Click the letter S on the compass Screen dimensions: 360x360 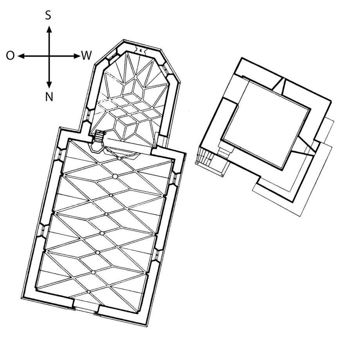pyautogui.click(x=48, y=15)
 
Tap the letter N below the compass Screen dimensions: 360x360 pyautogui.click(x=49, y=97)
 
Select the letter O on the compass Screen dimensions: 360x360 pyautogui.click(x=10, y=56)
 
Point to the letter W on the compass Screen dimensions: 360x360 pyautogui.click(x=86, y=56)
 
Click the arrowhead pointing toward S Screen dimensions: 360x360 pyautogui.click(x=49, y=29)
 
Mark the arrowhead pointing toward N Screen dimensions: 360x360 pyautogui.click(x=49, y=85)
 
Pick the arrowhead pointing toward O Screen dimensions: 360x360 pyautogui.click(x=21, y=56)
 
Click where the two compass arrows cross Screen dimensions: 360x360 pyautogui.click(x=49, y=56)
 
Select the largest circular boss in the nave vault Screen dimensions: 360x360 pyautogui.click(x=115, y=176)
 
